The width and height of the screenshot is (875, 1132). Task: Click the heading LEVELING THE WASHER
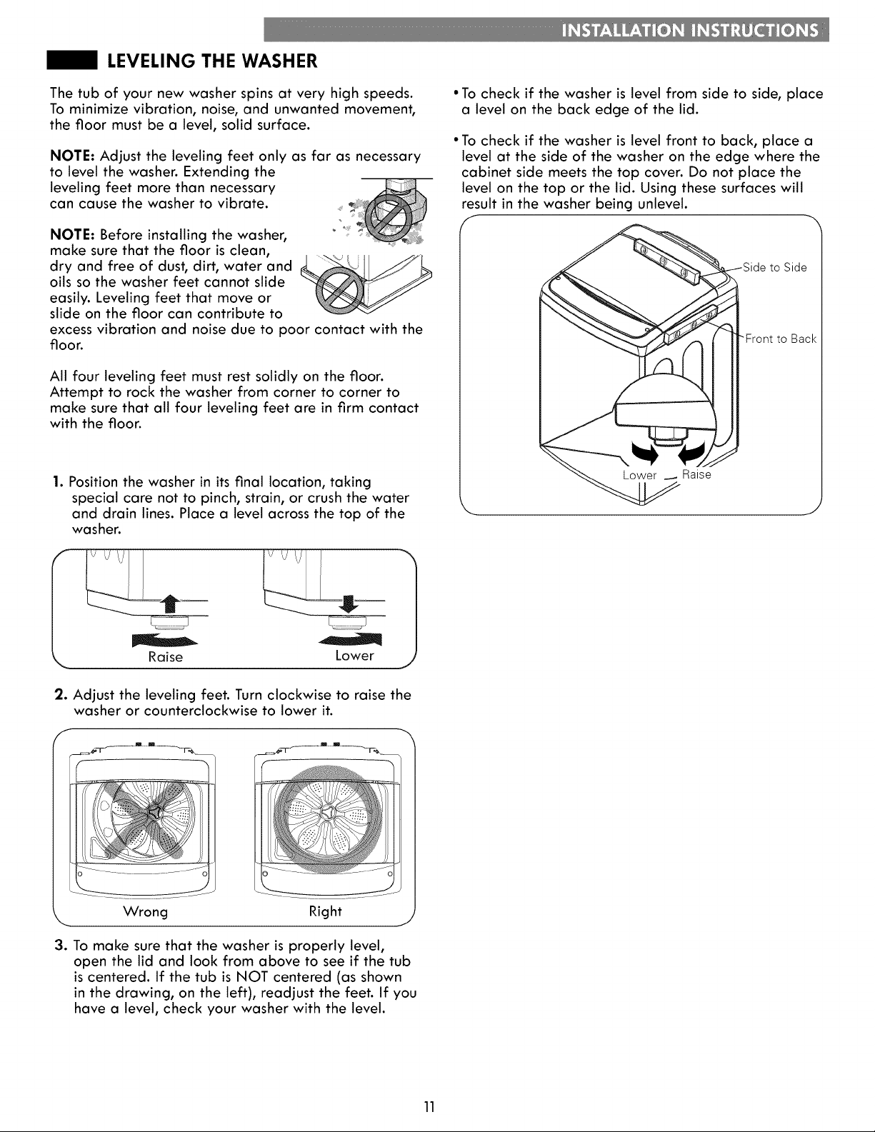click(x=212, y=61)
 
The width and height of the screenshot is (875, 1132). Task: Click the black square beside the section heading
click(x=72, y=61)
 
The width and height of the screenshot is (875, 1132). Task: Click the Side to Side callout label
click(x=774, y=267)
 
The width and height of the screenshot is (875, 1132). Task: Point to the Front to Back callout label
click(x=781, y=339)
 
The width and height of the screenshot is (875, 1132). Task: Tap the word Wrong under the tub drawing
click(x=145, y=911)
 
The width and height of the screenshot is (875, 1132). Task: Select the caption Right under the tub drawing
click(x=326, y=911)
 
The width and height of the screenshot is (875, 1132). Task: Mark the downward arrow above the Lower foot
click(x=349, y=604)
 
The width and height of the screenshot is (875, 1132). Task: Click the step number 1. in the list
click(x=59, y=481)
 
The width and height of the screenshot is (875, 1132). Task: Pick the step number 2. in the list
click(x=61, y=694)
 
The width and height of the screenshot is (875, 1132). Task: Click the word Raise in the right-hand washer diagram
click(x=696, y=474)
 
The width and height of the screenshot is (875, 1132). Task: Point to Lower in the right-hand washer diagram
click(x=639, y=475)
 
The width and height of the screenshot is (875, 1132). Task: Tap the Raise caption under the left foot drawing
click(x=166, y=656)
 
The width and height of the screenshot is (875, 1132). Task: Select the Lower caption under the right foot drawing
click(x=355, y=656)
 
